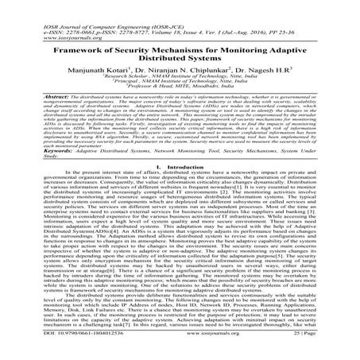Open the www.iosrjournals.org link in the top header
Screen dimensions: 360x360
point(47,20)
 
